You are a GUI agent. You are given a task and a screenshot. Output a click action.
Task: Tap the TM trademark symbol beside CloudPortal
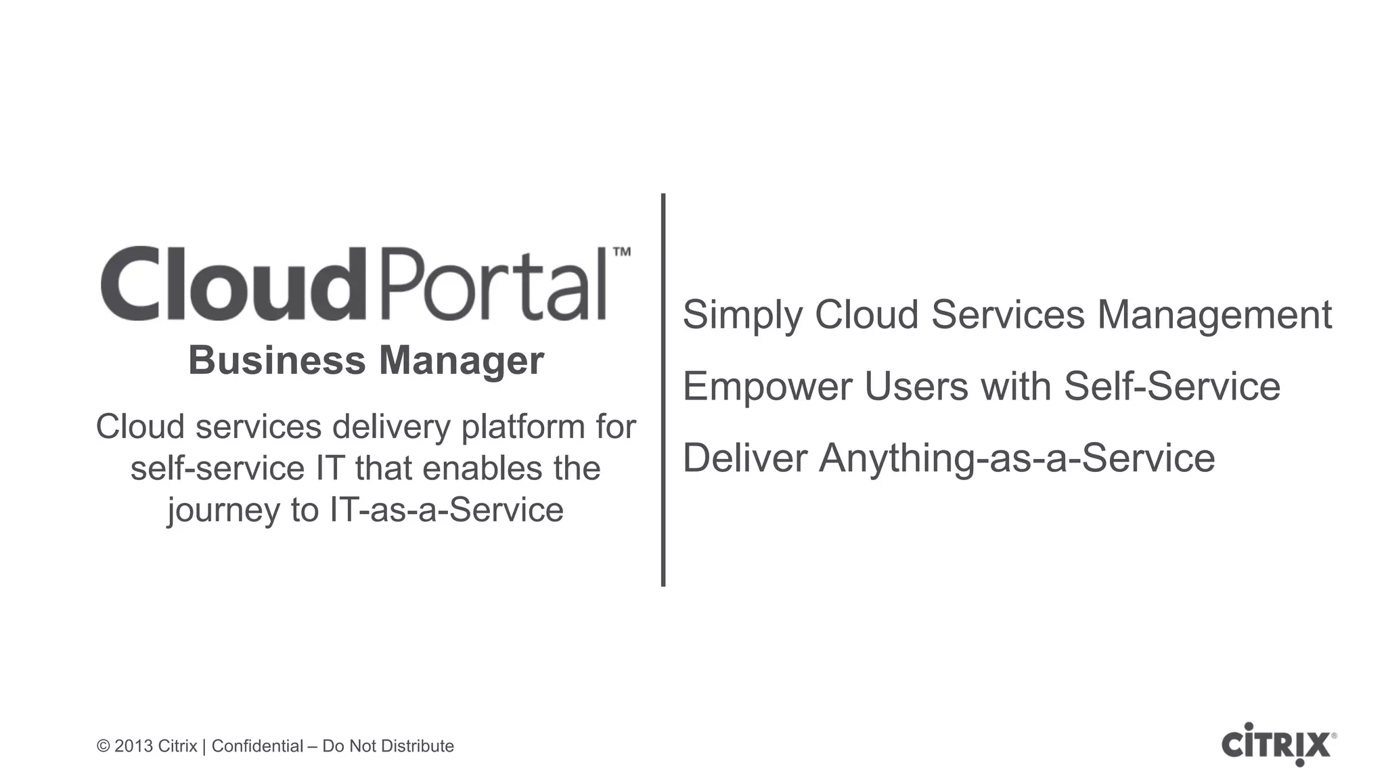621,253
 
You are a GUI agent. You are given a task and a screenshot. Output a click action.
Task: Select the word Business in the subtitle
277,360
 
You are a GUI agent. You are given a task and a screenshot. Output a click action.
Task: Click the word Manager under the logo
461,362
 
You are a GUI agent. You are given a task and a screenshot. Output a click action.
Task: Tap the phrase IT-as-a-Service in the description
446,509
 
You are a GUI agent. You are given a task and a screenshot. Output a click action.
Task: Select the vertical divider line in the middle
663,389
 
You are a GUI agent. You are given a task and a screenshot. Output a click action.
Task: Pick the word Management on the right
1214,316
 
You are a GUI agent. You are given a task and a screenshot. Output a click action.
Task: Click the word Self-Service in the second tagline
1172,387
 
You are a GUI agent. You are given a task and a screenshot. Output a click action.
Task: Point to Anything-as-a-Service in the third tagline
1016,458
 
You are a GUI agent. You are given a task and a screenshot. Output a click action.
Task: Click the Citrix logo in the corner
1278,745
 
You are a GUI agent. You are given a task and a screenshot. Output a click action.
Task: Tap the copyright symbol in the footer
103,746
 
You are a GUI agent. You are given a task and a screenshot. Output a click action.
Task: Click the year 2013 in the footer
133,746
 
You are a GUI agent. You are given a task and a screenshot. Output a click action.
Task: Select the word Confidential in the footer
257,746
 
